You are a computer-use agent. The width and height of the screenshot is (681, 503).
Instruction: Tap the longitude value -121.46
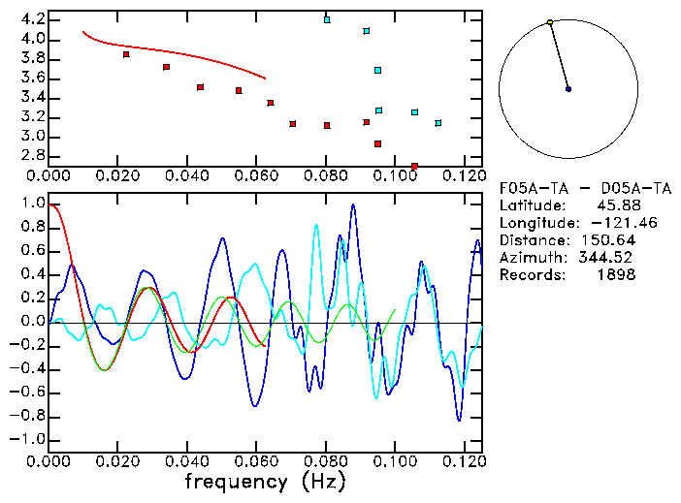tap(606, 223)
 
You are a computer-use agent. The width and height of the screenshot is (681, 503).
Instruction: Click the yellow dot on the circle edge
tap(550, 21)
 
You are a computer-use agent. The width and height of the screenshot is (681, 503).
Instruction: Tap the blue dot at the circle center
tap(568, 89)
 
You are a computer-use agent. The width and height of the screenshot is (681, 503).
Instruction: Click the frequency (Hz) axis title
tap(265, 481)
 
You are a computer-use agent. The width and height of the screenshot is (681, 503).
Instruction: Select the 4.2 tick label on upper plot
tap(33, 19)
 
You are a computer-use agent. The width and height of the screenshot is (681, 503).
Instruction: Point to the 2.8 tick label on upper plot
tap(33, 155)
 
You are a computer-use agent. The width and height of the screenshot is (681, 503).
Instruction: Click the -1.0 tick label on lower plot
tap(29, 439)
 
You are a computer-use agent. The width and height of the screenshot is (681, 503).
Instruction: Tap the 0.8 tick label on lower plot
tap(33, 228)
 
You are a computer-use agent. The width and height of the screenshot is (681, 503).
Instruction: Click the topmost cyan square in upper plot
tap(327, 19)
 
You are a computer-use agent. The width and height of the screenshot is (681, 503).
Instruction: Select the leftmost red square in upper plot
tap(126, 54)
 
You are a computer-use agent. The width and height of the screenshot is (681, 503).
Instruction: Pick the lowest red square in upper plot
tap(414, 167)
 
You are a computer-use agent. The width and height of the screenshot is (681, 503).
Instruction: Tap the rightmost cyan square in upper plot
tap(438, 123)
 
